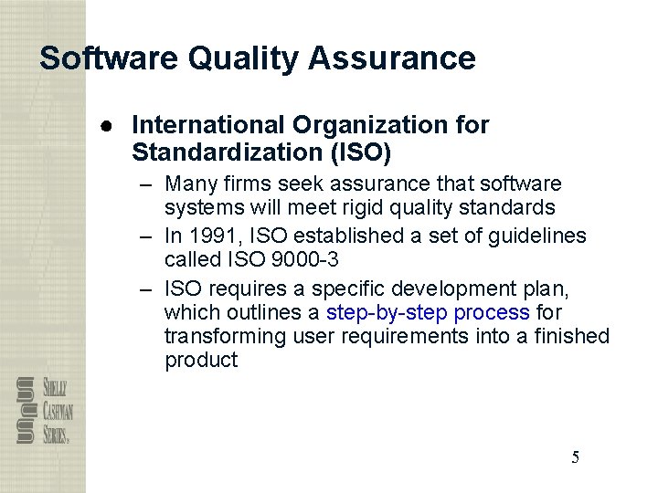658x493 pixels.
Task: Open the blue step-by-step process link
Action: pos(428,312)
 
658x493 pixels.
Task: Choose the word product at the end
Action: pos(201,360)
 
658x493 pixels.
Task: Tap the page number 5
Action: pos(575,457)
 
